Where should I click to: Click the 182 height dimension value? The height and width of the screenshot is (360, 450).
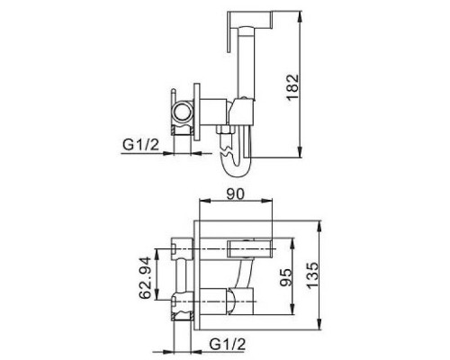[292, 87]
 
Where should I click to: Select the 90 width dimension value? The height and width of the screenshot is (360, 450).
[236, 194]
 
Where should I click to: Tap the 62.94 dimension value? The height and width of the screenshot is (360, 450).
[145, 278]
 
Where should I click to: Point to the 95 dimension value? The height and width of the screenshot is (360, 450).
[285, 277]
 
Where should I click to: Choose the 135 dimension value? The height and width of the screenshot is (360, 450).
[312, 275]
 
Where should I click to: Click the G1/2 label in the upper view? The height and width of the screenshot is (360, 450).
[140, 146]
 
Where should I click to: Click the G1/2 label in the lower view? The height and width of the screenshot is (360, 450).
[228, 344]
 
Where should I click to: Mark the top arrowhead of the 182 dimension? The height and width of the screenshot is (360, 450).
[301, 17]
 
